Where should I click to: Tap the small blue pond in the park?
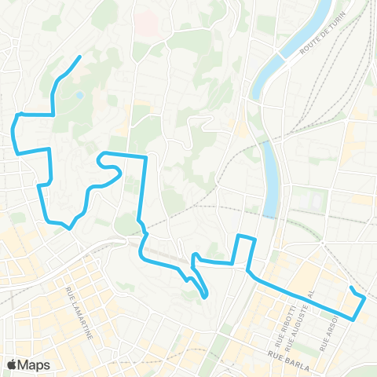[80, 97]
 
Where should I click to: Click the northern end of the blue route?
[81, 57]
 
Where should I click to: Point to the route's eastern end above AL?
[350, 288]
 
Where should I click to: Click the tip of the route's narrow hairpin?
[206, 297]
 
